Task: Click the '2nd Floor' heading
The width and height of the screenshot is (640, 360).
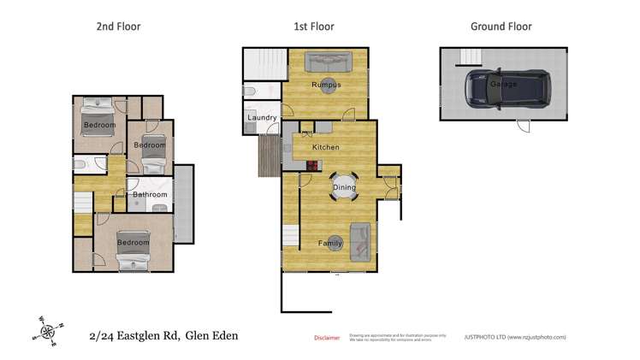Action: (118, 27)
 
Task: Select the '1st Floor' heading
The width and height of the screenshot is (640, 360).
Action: (312, 27)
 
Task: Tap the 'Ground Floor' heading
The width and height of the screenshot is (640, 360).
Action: (501, 27)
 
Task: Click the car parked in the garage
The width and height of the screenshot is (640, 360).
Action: (503, 85)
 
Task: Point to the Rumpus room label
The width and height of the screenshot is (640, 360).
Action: (326, 85)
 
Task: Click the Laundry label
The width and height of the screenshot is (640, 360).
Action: (261, 117)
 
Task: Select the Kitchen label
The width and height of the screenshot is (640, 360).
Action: (325, 147)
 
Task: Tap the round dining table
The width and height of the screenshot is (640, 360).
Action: (344, 186)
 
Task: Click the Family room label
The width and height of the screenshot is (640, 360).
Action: (330, 244)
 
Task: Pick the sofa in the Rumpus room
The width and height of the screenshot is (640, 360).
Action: (328, 61)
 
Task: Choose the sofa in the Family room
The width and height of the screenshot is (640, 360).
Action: (360, 240)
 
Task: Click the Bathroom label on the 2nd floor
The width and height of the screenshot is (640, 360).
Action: (150, 195)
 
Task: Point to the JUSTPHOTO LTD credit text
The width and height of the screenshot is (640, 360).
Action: (514, 338)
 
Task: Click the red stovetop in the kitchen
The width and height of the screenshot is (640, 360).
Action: (306, 166)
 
